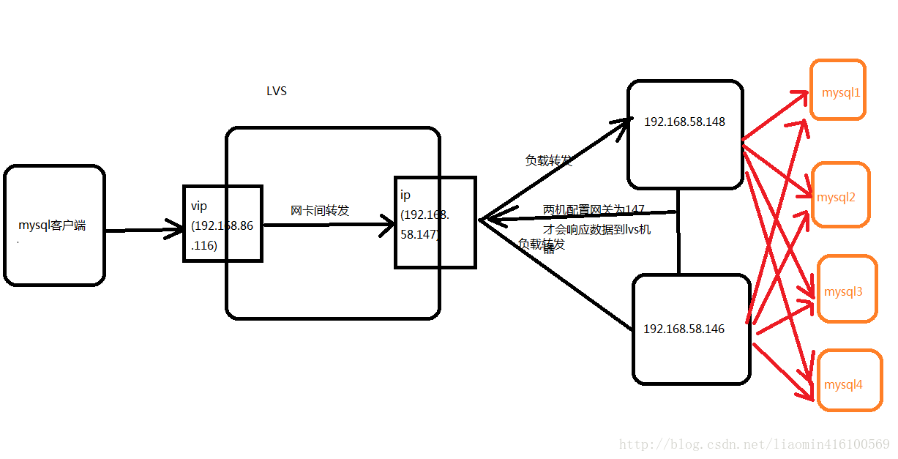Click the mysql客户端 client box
(54, 225)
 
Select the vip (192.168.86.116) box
(222, 224)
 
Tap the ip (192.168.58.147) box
(435, 223)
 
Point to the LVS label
(277, 92)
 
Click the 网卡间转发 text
(320, 211)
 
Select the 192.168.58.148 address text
(684, 122)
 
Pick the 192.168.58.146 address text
(684, 329)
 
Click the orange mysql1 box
(838, 90)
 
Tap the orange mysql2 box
(839, 195)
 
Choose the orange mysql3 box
(846, 289)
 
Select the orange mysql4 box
(845, 381)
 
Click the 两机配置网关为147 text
(594, 210)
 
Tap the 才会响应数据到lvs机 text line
(596, 229)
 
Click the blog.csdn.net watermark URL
(754, 444)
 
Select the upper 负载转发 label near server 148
(548, 160)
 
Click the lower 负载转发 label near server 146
(542, 244)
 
